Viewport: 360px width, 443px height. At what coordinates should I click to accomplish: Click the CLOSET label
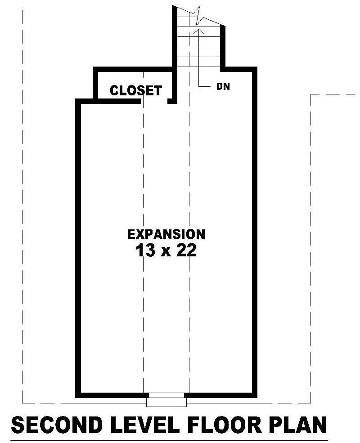[x=135, y=90]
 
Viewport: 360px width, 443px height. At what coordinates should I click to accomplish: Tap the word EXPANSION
[x=166, y=234]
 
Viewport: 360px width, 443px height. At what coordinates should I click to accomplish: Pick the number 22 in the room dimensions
[x=186, y=251]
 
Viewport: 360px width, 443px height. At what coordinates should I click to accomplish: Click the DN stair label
[x=223, y=87]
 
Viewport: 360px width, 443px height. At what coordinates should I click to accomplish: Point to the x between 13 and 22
[x=165, y=252]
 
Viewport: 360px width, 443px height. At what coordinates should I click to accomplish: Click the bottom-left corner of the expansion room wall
[x=78, y=395]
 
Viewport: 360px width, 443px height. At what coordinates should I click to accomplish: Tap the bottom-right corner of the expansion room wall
[x=254, y=395]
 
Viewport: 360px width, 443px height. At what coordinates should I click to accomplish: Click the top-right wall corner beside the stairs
[x=254, y=69]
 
